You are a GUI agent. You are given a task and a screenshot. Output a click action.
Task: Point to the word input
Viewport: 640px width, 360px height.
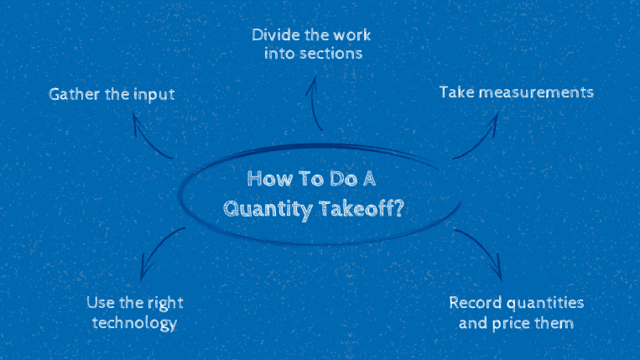[153, 94]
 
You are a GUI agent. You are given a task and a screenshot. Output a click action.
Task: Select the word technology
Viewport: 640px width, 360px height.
[134, 322]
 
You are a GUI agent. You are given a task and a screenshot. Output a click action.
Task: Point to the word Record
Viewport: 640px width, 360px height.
[475, 302]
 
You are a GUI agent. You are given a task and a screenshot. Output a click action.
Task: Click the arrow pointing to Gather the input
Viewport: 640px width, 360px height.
[151, 137]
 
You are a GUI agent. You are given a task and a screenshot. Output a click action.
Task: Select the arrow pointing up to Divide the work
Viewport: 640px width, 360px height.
[315, 101]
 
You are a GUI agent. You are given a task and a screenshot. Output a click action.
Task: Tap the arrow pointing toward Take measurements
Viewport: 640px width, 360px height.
[478, 134]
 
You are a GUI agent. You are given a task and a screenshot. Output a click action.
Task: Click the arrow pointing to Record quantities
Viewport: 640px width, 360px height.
[482, 252]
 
